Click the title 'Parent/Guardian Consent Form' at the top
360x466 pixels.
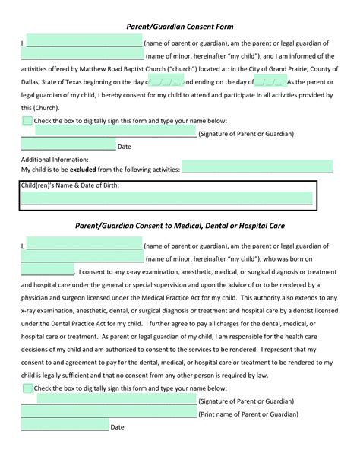tap(180, 26)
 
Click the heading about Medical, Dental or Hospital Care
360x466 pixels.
tap(180, 226)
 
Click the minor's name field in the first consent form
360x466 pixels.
tap(82, 55)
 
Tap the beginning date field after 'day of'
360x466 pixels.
tap(167, 81)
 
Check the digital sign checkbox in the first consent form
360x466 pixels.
tap(27, 120)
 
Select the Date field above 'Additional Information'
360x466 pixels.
tap(68, 146)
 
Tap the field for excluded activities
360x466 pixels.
tap(257, 169)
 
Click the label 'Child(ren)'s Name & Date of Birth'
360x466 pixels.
tap(70, 185)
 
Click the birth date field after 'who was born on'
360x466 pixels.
tap(48, 271)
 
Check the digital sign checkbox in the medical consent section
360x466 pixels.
tap(27, 388)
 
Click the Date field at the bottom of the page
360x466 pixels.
tap(65, 426)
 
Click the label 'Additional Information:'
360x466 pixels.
tap(55, 160)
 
